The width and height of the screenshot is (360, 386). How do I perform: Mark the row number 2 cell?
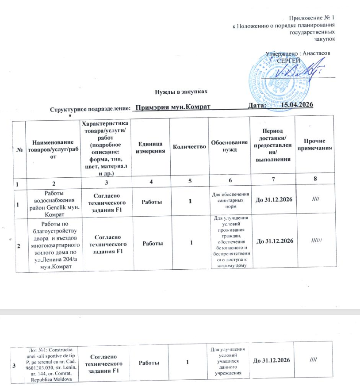tap(19, 245)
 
